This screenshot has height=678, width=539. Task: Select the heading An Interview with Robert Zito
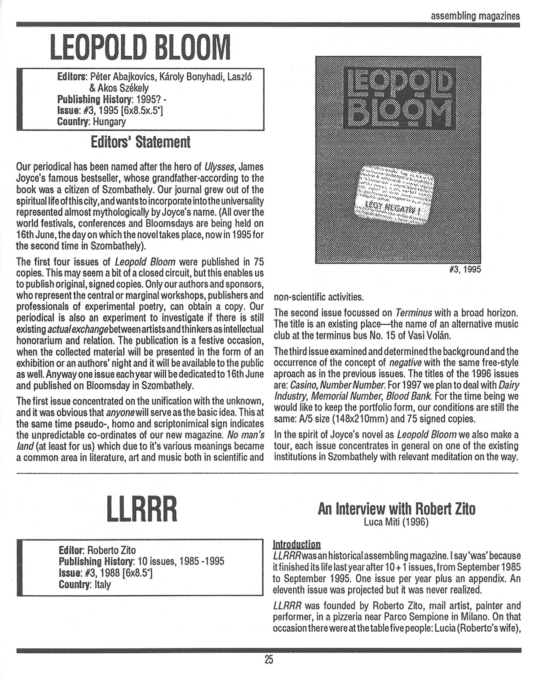(396, 509)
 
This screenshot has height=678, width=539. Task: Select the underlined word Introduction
(297, 544)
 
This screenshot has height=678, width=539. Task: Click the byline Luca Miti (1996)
(396, 522)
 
